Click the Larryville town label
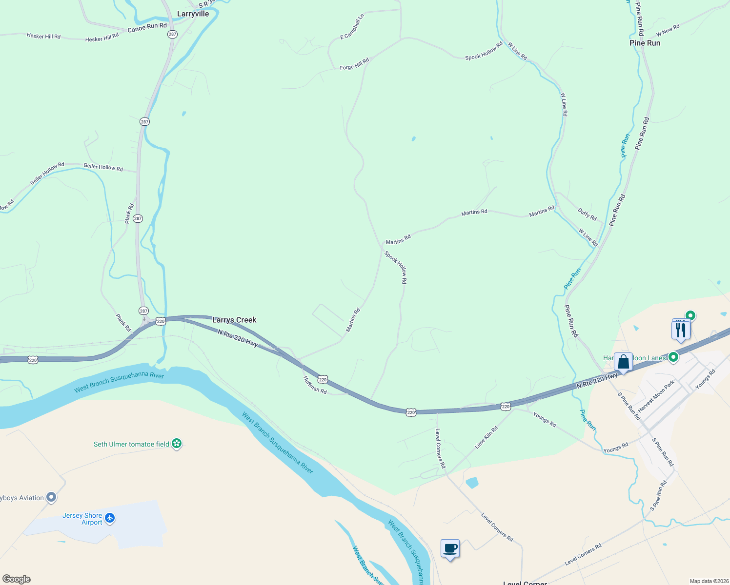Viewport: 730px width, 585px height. [x=193, y=14]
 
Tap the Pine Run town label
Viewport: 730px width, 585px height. [x=645, y=43]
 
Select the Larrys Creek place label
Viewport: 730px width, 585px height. [x=234, y=320]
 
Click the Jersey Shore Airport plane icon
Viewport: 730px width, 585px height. [x=110, y=518]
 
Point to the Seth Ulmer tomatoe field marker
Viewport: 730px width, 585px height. [x=177, y=444]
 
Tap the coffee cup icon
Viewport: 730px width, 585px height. [x=450, y=549]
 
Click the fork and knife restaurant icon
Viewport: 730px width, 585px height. [x=681, y=330]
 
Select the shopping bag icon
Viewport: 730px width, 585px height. [x=623, y=362]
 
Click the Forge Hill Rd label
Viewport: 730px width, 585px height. [x=354, y=64]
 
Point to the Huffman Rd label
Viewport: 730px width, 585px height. [x=315, y=385]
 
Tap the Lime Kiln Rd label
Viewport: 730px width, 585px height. [x=486, y=437]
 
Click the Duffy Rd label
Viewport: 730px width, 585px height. [x=587, y=214]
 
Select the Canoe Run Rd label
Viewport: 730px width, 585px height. [x=147, y=27]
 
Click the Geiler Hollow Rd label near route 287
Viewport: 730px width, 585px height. [x=103, y=167]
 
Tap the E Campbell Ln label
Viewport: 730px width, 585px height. [x=352, y=27]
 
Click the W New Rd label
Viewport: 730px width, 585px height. [x=668, y=31]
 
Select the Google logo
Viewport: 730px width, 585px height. [x=17, y=579]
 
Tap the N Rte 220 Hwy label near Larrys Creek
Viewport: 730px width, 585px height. [x=238, y=338]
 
